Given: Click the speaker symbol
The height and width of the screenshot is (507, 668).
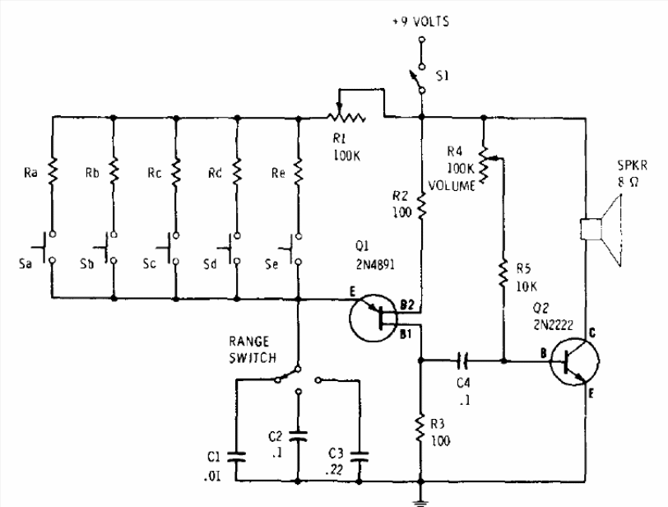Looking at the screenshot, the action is (601, 230).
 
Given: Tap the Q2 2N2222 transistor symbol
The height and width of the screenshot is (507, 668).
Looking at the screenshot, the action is (574, 361).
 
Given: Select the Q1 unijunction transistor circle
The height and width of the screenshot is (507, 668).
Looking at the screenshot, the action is (373, 318).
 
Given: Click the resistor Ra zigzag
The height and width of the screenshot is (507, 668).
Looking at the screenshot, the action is (53, 171).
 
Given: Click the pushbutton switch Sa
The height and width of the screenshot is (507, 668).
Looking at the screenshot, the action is (46, 247).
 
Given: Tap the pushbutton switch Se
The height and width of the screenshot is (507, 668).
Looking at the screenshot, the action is (292, 249).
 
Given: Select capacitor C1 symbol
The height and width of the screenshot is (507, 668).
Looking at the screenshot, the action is (236, 456).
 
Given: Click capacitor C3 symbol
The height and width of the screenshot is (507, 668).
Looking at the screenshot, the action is (360, 457).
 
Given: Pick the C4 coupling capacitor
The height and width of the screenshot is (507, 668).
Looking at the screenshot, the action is (462, 360).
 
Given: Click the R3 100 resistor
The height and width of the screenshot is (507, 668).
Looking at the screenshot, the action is (421, 428).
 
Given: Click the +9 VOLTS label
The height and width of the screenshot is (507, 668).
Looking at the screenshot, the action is (421, 21).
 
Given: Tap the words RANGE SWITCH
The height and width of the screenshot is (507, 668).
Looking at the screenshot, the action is (253, 349).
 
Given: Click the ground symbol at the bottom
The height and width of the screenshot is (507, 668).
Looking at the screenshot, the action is (420, 501).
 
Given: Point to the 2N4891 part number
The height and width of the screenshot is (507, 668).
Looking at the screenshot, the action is (375, 264).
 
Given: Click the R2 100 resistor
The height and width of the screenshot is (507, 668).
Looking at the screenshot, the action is (421, 206).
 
